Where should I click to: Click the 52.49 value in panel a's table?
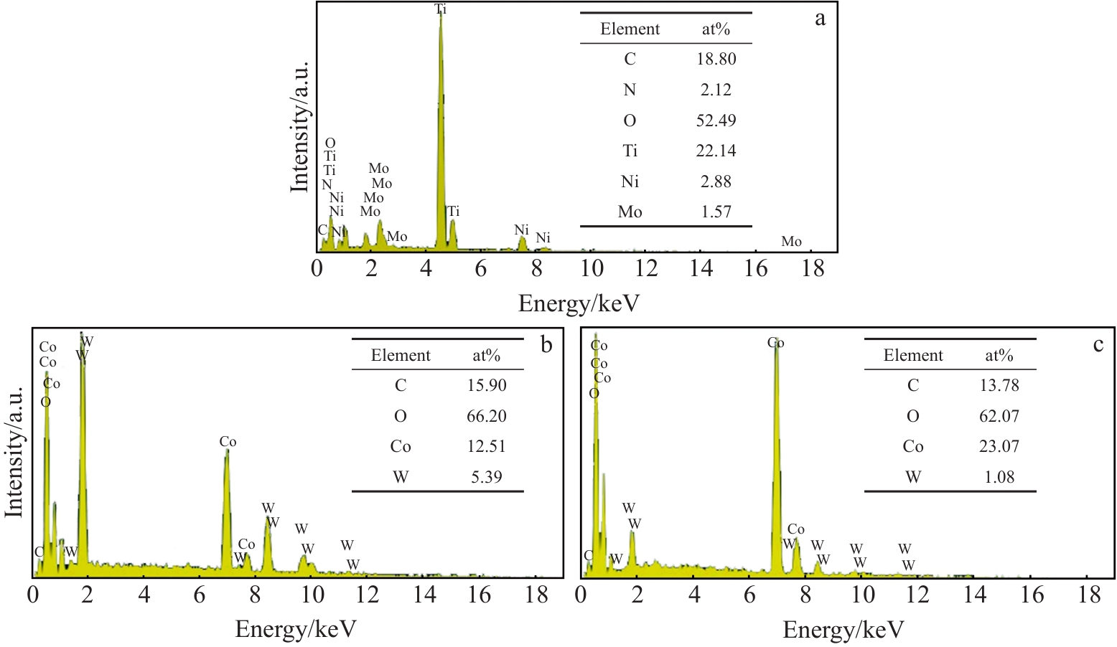716,121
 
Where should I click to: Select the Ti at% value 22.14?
716,151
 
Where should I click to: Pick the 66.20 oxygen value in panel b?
486,416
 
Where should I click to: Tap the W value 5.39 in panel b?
486,477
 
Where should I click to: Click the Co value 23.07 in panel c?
999,446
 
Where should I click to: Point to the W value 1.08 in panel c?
999,477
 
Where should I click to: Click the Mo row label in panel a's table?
630,212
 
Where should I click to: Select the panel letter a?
820,19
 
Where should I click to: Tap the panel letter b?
547,345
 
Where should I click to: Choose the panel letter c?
1098,345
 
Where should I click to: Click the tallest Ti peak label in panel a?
440,9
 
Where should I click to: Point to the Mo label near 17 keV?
791,242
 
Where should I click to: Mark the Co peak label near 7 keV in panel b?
228,442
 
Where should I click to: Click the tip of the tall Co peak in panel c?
776,349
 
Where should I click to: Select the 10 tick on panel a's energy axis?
592,269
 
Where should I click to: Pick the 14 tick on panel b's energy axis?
424,595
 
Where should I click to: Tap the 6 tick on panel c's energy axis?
749,595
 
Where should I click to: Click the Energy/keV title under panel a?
579,303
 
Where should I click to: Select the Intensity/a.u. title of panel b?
14,452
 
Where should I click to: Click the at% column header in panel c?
999,355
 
